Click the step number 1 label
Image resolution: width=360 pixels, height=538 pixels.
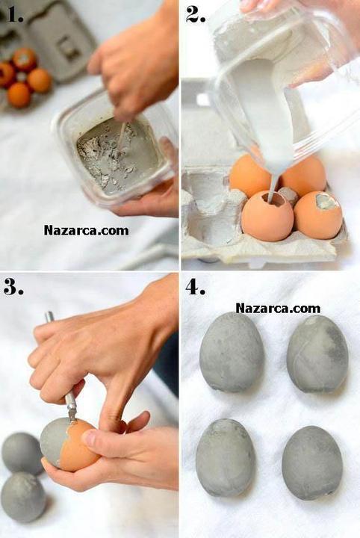[x=15, y=15]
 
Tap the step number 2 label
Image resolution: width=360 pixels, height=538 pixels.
[x=196, y=14]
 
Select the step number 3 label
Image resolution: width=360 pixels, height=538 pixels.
[x=13, y=287]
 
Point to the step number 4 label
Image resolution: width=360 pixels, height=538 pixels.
[x=196, y=287]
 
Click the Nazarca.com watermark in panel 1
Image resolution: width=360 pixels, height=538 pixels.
[x=87, y=230]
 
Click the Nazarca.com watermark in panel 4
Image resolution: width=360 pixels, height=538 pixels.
[x=278, y=308]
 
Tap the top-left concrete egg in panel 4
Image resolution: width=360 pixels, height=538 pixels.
[x=232, y=353]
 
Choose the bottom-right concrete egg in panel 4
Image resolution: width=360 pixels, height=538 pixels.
[x=312, y=463]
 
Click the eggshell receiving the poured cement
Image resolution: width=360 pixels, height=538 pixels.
[x=267, y=215]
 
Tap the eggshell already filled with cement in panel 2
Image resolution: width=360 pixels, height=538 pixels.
[x=318, y=214]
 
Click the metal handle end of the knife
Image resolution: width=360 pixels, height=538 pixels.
[x=49, y=317]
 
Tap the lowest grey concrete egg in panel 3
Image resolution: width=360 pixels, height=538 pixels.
[x=23, y=497]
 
